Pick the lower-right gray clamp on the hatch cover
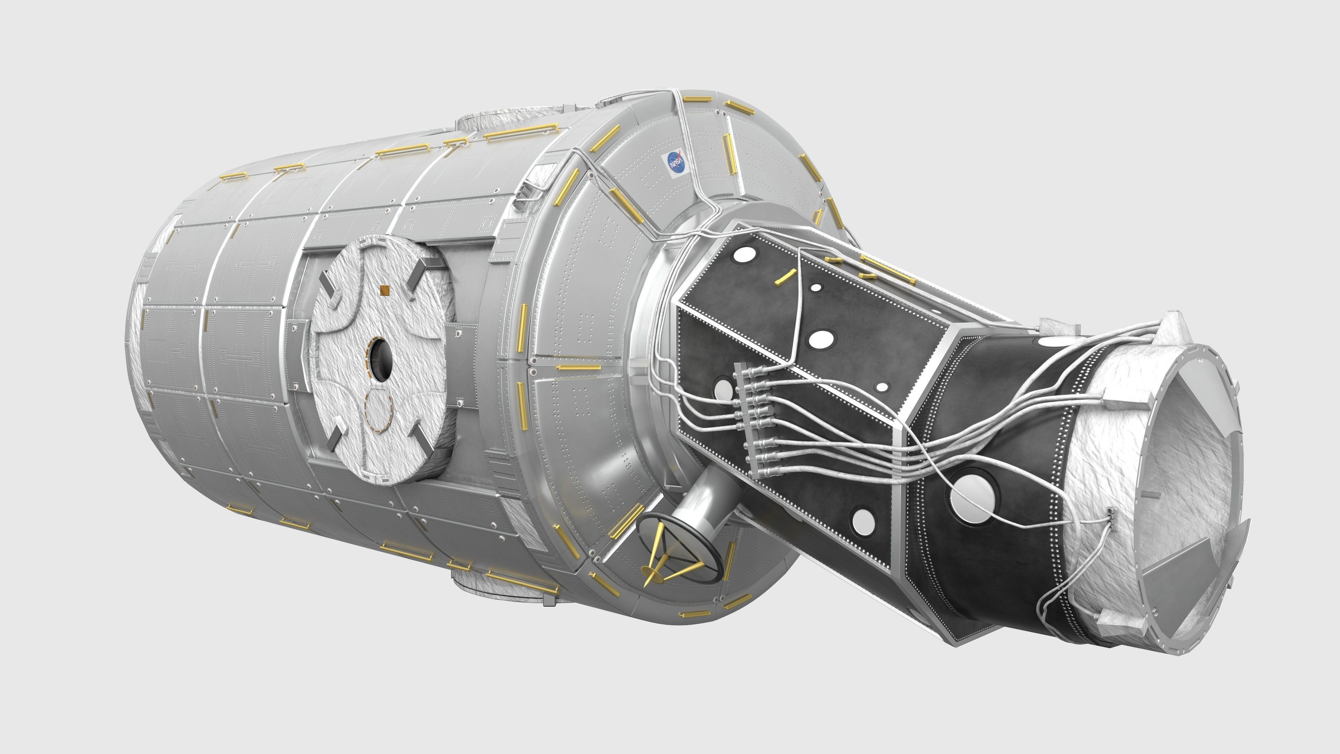tap(420, 437)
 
